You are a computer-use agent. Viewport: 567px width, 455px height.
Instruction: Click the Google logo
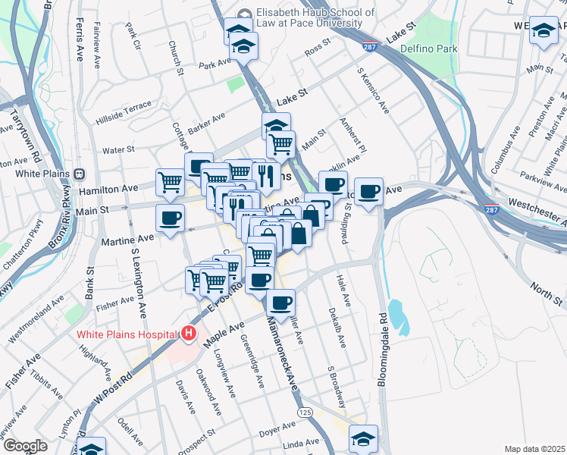coord(24,445)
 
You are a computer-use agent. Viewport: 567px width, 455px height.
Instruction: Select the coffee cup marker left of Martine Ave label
coord(170,217)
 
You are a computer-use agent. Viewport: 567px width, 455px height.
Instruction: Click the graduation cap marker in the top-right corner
coord(544,31)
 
